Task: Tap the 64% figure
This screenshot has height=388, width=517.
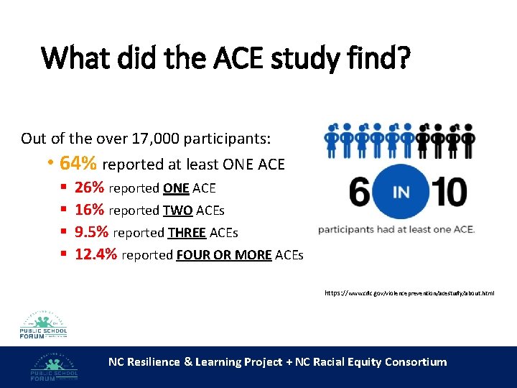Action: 80,164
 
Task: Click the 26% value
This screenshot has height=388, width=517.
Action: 89,188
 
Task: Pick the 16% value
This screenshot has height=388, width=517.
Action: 89,210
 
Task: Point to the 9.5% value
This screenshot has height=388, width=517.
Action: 92,232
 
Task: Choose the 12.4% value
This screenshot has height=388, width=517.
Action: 96,254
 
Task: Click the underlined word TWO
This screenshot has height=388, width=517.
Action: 178,211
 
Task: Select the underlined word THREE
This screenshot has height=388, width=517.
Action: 187,233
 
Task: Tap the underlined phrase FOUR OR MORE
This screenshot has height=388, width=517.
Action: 223,255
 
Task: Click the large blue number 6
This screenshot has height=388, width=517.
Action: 363,193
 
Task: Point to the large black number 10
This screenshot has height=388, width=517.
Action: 447,193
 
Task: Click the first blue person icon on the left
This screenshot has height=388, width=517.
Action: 332,141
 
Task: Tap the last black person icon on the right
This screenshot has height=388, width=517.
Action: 469,141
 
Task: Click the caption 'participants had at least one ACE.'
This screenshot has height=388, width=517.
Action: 396,229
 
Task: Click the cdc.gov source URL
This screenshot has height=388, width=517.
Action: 409,293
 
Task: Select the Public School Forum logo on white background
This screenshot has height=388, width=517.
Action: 44,319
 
